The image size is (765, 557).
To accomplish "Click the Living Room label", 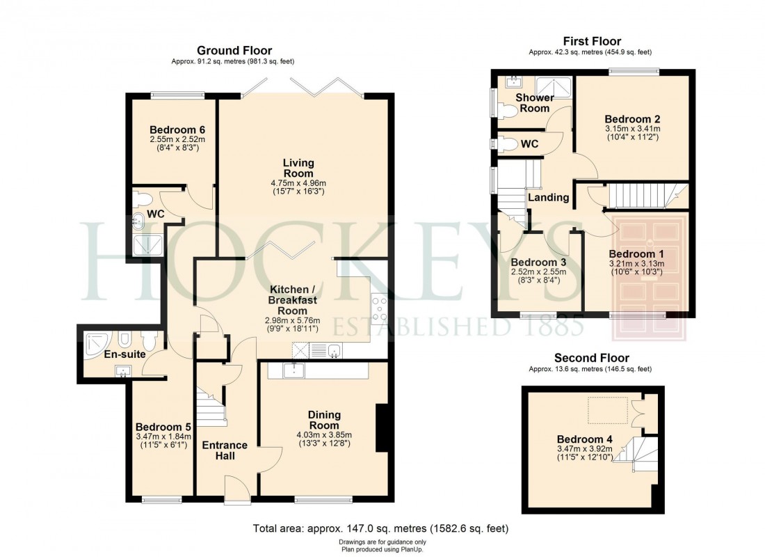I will pos(298,168).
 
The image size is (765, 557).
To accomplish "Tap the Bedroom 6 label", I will pos(177,130).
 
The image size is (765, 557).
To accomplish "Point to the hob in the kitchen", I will pos(380,307).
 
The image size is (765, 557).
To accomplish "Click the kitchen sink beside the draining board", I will pos(334,350).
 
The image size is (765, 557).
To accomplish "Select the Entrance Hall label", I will pos(225,450).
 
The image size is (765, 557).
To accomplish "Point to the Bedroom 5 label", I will pos(163,427).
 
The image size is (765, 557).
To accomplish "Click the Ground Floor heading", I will pos(234,50).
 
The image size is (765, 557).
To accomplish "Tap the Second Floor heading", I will pos(591,358).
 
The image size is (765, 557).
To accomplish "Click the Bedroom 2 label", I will pos(632,118).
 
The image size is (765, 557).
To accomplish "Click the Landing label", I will pos(549,197).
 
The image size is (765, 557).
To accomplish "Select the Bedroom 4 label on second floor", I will pos(580,439).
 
